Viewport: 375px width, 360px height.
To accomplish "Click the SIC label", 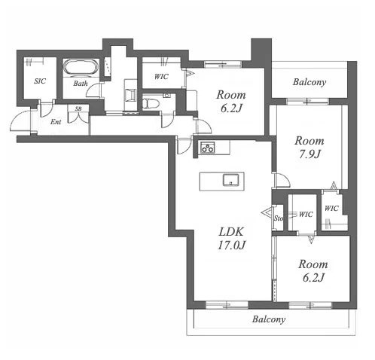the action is pyautogui.click(x=40, y=81).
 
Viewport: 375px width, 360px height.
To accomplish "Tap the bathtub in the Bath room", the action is pyautogui.click(x=81, y=67).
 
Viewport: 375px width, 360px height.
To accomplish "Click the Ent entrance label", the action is pyautogui.click(x=56, y=122).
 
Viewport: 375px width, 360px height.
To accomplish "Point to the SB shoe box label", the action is pyautogui.click(x=78, y=109).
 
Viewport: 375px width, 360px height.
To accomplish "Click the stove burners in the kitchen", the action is pyautogui.click(x=208, y=148).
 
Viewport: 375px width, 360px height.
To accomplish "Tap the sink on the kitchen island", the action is pyautogui.click(x=230, y=180).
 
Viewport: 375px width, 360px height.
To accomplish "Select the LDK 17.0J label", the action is pyautogui.click(x=231, y=239).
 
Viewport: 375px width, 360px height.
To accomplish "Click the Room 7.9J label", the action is pyautogui.click(x=309, y=148).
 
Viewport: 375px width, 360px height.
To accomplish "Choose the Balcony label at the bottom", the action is pyautogui.click(x=269, y=319).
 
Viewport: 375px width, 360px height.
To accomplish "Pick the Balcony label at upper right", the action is pyautogui.click(x=309, y=82).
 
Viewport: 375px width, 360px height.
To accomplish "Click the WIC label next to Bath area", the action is pyautogui.click(x=161, y=77).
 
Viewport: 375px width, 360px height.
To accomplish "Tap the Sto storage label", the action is pyautogui.click(x=278, y=218).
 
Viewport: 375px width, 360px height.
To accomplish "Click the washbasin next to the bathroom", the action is pyautogui.click(x=131, y=96).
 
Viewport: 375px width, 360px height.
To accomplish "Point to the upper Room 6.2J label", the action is pyautogui.click(x=231, y=102).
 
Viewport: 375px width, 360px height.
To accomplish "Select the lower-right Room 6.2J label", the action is pyautogui.click(x=313, y=271).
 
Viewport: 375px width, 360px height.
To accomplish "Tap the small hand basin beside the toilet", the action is pyautogui.click(x=166, y=96).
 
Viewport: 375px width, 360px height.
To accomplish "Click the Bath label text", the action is pyautogui.click(x=81, y=84).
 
